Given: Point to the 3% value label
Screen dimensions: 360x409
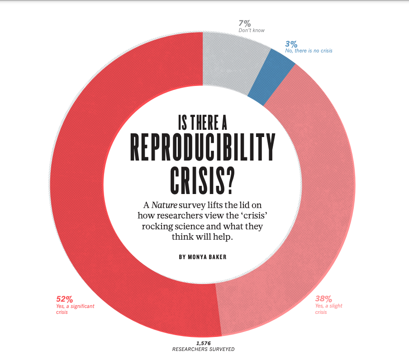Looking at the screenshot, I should tap(291, 44).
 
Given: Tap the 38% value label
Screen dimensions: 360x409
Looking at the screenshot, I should tap(323, 298).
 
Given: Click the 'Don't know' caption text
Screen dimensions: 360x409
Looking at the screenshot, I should tap(252, 30).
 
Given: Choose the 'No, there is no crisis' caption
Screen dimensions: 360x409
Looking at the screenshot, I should tap(309, 51).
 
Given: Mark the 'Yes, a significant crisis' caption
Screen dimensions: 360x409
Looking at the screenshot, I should tap(75, 309).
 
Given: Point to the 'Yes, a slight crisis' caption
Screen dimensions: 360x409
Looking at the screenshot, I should tap(328, 309).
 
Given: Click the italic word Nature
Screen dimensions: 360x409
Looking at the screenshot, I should tap(164, 205).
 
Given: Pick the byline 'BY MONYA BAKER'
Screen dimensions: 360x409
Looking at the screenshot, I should tap(202, 257).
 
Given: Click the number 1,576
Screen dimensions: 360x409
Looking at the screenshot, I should tap(203, 343).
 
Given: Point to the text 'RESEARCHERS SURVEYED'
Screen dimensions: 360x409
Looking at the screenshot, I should tap(203, 350).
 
